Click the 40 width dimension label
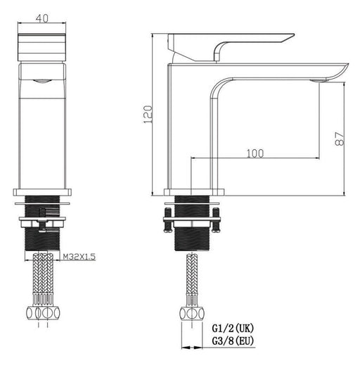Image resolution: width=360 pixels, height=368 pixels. (42, 18)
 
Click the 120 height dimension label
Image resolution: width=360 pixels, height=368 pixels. (148, 114)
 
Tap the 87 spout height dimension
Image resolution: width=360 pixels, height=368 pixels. (340, 139)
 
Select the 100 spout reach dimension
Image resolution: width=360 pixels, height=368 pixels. (255, 153)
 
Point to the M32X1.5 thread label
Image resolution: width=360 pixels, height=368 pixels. (79, 257)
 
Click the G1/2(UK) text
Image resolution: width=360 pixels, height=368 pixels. (233, 328)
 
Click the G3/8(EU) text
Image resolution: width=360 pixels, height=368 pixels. (233, 341)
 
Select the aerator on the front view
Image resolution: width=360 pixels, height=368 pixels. (42, 81)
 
